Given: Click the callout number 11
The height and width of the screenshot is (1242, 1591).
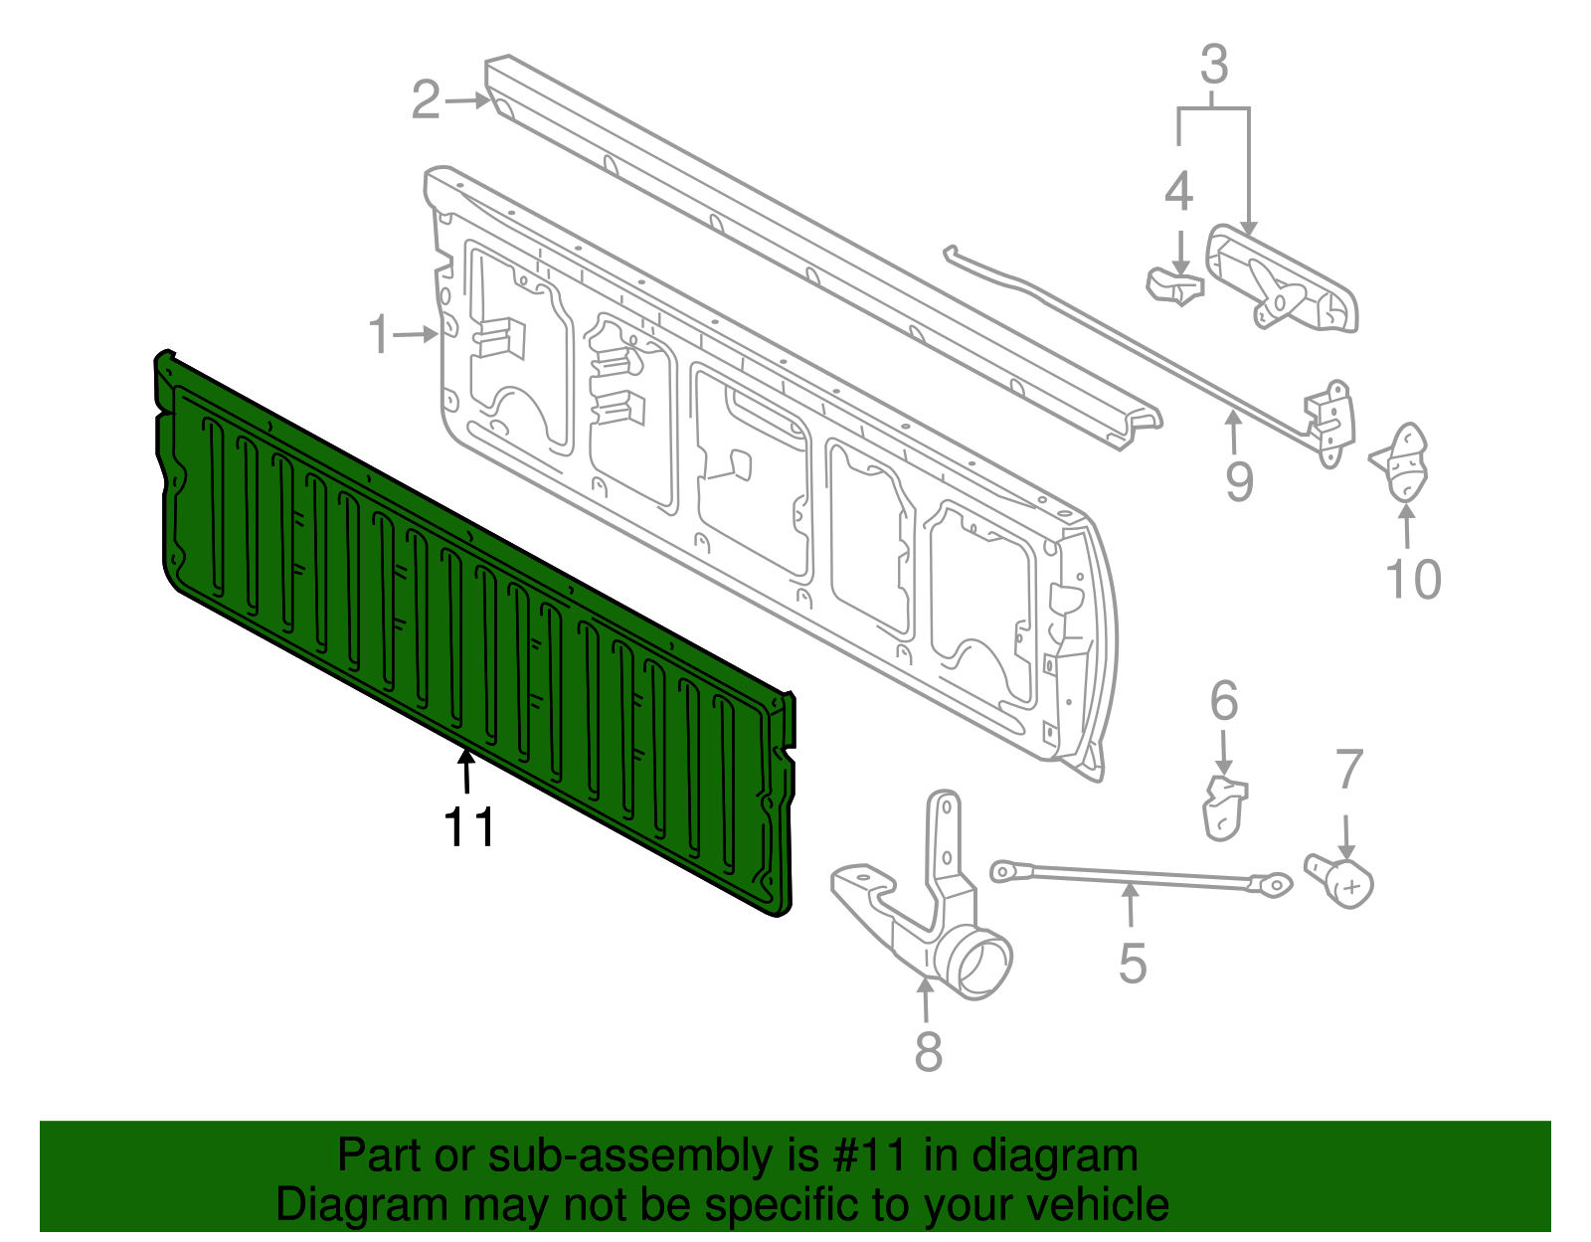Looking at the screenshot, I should pyautogui.click(x=468, y=827).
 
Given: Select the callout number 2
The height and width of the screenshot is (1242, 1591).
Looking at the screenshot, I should pyautogui.click(x=426, y=100).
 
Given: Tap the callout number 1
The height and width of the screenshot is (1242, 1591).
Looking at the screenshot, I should pyautogui.click(x=379, y=334).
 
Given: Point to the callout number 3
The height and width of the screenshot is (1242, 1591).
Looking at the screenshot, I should pyautogui.click(x=1214, y=66).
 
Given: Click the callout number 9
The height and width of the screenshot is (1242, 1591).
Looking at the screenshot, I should pyautogui.click(x=1239, y=482).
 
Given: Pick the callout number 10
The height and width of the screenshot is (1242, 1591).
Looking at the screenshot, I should pyautogui.click(x=1413, y=580).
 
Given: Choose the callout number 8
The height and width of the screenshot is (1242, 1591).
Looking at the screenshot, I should pyautogui.click(x=928, y=1052).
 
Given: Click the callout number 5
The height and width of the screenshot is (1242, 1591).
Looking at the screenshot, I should pyautogui.click(x=1133, y=964).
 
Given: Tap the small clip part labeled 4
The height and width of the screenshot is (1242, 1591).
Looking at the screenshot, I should pyautogui.click(x=1174, y=285).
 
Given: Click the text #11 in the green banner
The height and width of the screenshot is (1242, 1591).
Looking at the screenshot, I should pyautogui.click(x=864, y=1156).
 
